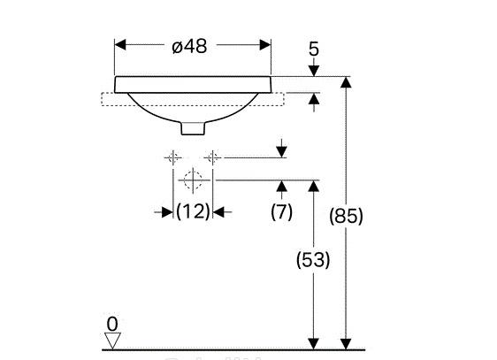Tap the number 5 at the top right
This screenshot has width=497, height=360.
313,49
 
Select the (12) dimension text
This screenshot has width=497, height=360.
192,211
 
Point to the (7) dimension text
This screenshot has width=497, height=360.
280,211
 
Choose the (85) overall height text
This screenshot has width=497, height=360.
345,215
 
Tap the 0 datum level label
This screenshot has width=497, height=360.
111,324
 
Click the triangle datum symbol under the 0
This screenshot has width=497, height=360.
111,340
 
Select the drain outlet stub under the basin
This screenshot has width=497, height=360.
192,129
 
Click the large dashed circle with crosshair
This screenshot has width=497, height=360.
192,183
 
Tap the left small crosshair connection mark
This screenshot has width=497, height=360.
172,158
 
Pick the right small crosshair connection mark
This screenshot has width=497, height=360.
212,158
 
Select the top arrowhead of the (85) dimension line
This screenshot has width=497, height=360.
346,82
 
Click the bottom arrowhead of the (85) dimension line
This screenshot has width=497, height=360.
346,342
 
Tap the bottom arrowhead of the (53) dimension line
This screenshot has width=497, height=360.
312,342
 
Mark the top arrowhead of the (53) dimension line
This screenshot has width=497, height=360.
312,185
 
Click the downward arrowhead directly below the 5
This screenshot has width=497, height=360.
313,71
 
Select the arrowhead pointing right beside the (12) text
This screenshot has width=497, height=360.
166,211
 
